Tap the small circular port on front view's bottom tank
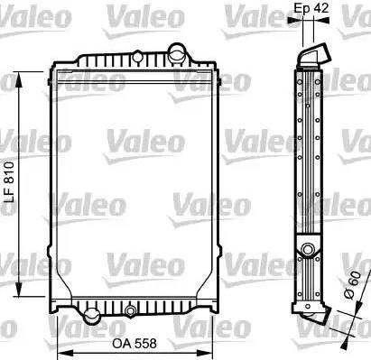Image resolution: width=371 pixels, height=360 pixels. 132,312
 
